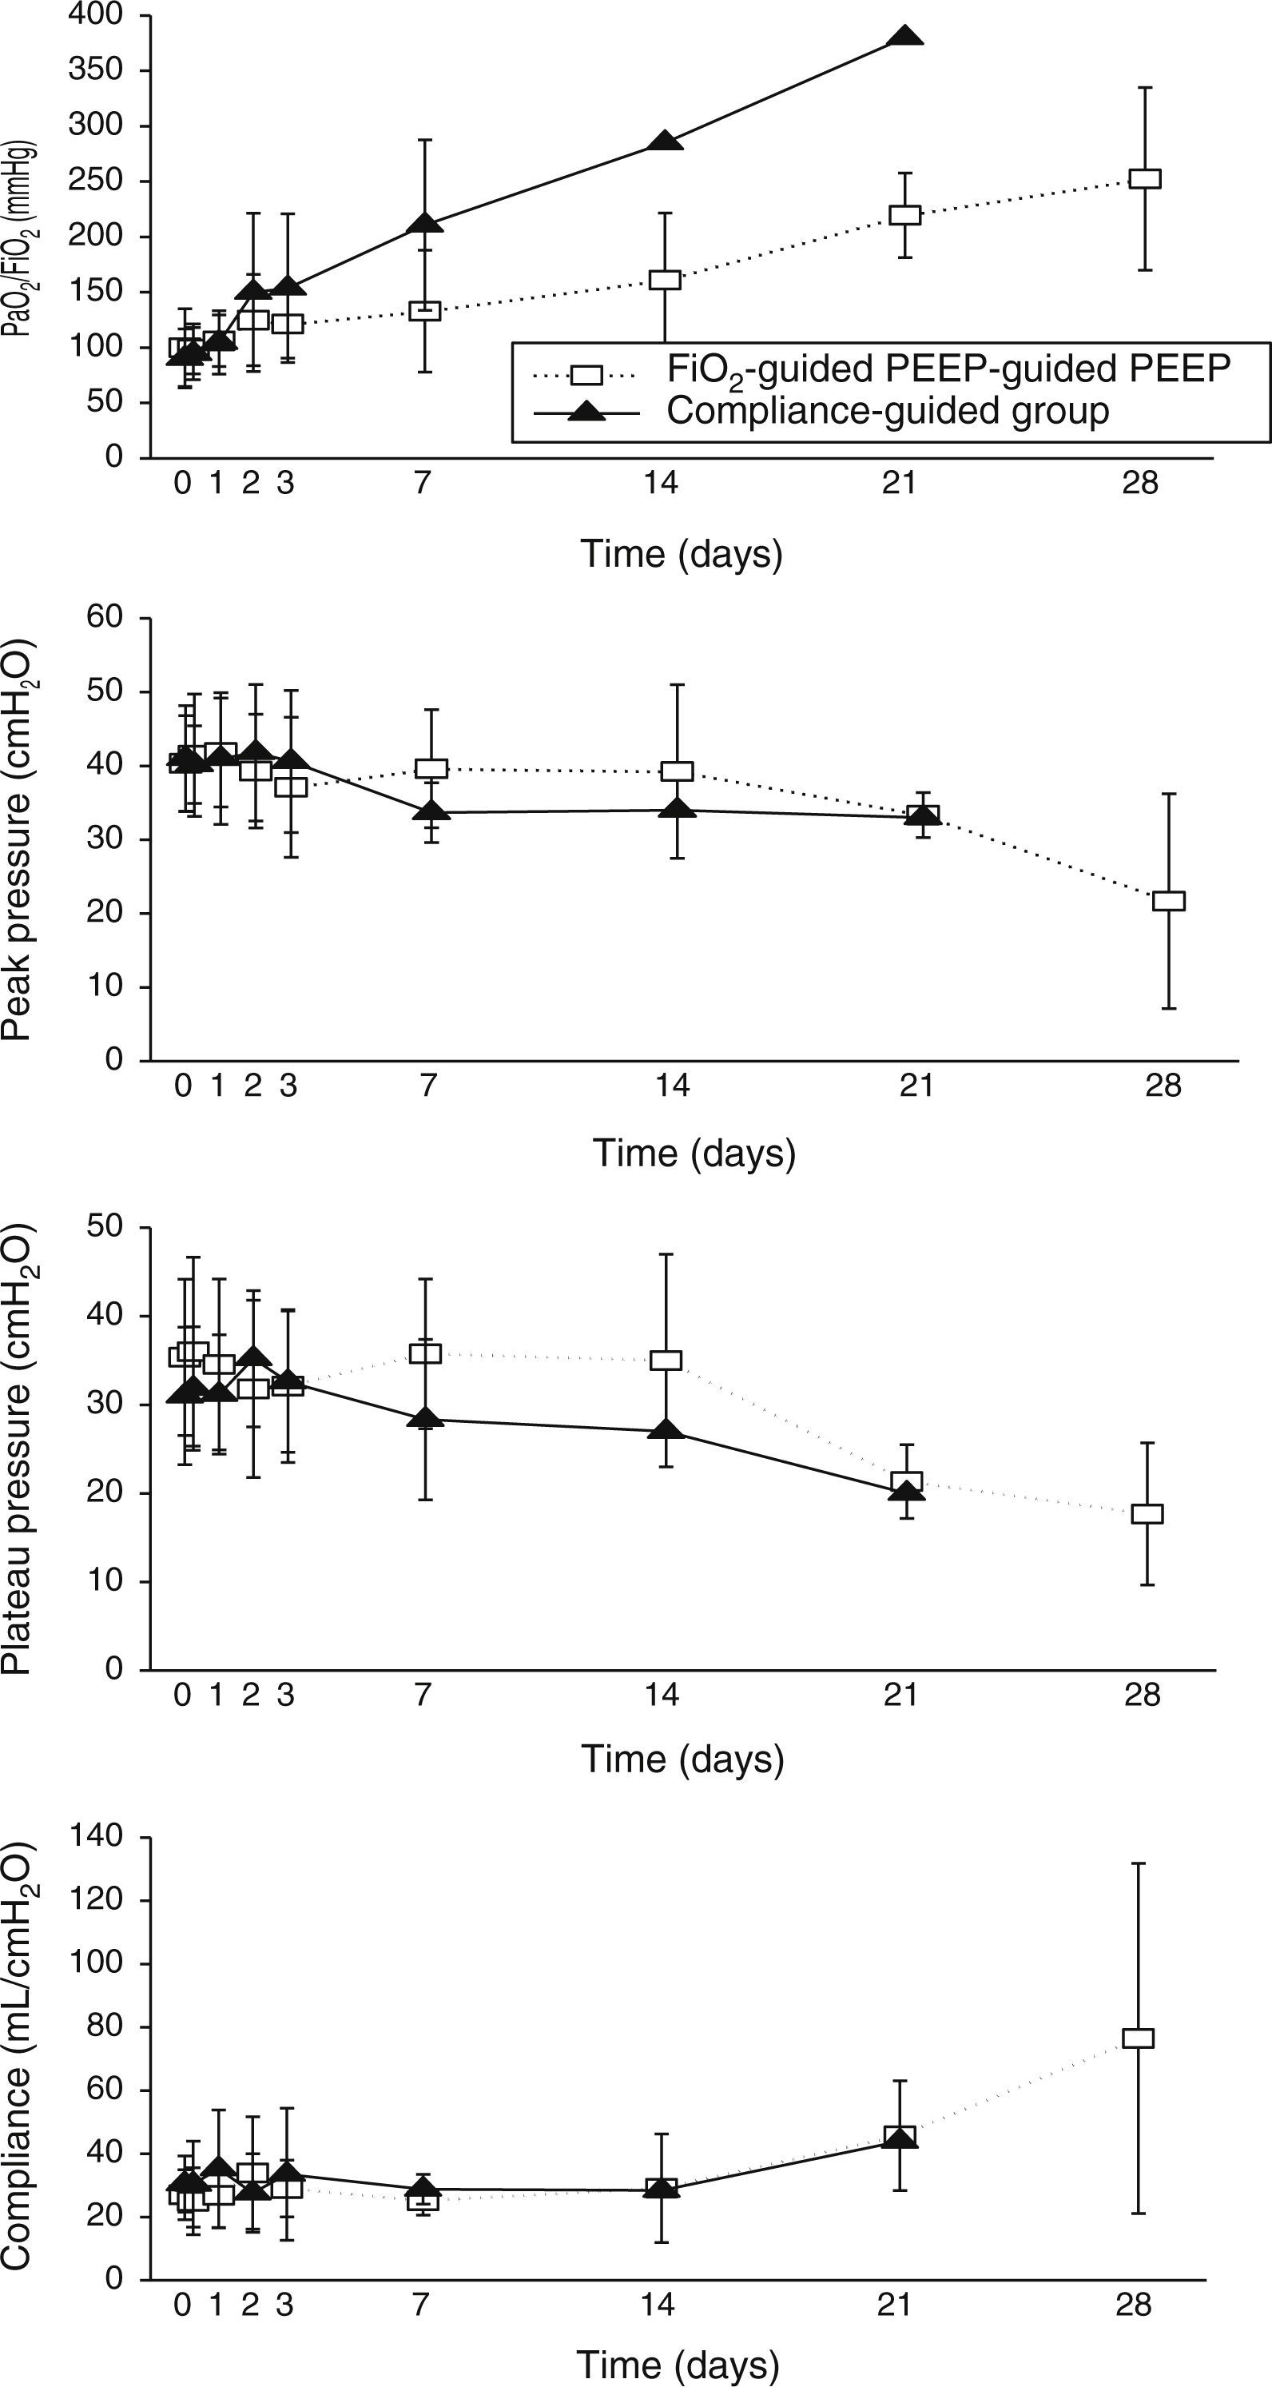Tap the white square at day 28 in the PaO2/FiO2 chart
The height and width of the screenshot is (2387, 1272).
(x=1146, y=179)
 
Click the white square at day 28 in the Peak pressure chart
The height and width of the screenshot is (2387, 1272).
(x=1168, y=901)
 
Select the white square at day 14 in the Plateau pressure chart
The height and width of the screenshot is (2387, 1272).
(x=666, y=1361)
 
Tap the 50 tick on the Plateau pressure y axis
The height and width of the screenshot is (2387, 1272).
(x=105, y=1226)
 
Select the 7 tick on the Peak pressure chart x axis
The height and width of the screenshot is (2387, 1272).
(x=427, y=1084)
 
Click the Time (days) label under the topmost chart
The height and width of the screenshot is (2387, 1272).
(x=681, y=554)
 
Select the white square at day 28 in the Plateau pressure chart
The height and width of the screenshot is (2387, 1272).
(x=1148, y=1513)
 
